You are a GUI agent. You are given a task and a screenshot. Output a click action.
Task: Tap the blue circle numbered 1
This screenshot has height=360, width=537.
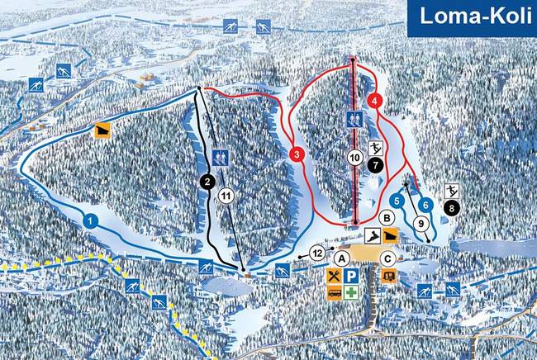click(91, 220)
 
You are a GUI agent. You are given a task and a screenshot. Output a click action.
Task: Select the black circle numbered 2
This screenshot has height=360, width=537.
click(207, 182)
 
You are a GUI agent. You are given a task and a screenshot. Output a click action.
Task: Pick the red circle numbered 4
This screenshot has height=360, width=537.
click(376, 101)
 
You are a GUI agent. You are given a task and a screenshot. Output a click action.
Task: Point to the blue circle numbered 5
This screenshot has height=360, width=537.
click(398, 200)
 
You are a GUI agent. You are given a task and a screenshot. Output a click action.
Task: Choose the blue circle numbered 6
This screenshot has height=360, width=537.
click(425, 204)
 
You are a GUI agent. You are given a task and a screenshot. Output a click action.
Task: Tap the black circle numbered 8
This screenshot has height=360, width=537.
click(452, 208)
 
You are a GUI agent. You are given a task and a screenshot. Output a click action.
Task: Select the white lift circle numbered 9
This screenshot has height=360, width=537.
click(421, 223)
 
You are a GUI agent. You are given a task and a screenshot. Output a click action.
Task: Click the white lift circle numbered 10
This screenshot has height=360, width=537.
click(354, 157)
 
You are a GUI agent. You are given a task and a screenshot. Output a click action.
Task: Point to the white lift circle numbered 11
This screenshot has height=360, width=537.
click(226, 196)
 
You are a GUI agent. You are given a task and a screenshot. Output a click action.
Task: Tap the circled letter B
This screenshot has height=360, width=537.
click(386, 218)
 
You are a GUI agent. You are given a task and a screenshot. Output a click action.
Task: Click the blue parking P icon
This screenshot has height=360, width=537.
click(352, 277)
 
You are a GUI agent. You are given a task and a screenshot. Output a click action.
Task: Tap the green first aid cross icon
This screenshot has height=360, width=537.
click(352, 293)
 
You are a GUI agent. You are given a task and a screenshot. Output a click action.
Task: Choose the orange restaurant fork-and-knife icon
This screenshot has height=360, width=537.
click(334, 277)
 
